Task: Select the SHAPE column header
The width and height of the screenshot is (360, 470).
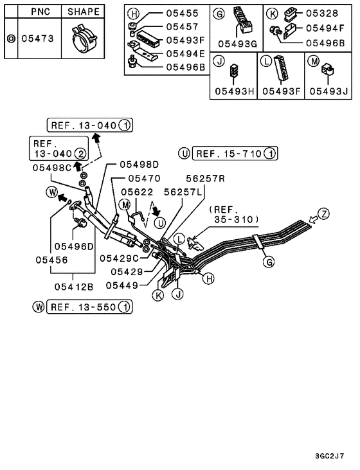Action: click(x=84, y=12)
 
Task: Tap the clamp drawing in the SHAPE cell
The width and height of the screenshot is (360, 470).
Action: click(x=84, y=39)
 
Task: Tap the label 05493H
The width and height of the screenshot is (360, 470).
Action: click(x=233, y=91)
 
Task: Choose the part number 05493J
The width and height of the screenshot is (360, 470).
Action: click(x=328, y=91)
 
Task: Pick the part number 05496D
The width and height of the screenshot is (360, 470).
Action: click(x=74, y=246)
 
